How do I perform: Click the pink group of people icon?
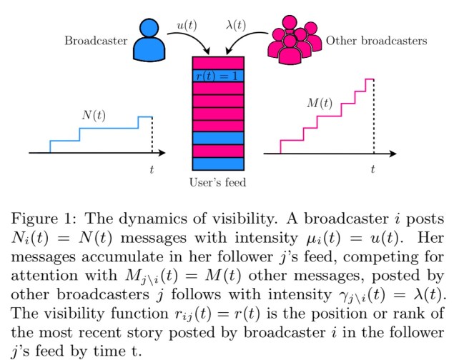pyautogui.click(x=292, y=41)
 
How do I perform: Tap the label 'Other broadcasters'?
pyautogui.click(x=376, y=41)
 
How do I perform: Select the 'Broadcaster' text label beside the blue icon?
pyautogui.click(x=96, y=41)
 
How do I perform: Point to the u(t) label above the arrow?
pyautogui.click(x=188, y=25)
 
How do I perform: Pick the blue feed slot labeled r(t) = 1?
pyautogui.click(x=218, y=76)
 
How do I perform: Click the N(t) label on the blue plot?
pyautogui.click(x=94, y=115)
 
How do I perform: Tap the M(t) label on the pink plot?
pyautogui.click(x=319, y=103)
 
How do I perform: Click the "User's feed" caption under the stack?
pyautogui.click(x=217, y=183)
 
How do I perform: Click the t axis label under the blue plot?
pyautogui.click(x=152, y=169)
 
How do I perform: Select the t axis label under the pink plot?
pyautogui.click(x=372, y=169)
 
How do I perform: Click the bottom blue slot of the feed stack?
pyautogui.click(x=218, y=161)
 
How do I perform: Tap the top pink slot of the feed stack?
pyautogui.click(x=218, y=63)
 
